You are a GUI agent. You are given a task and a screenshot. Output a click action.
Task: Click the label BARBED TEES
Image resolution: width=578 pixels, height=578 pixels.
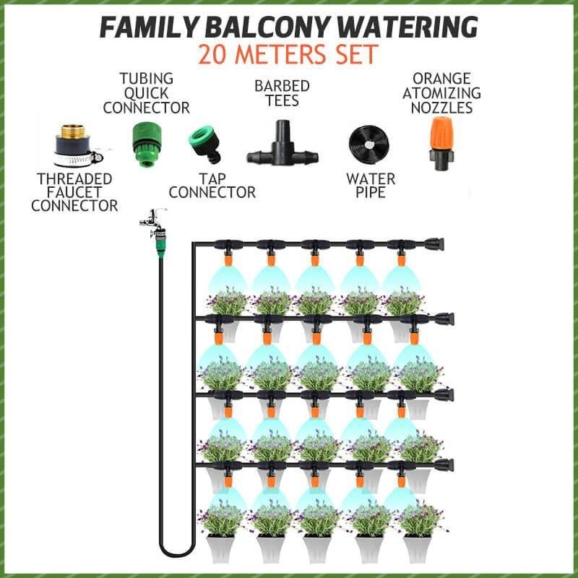pyautogui.click(x=282, y=93)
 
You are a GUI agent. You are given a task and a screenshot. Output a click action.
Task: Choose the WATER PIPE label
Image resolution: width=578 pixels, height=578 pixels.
pyautogui.click(x=371, y=186)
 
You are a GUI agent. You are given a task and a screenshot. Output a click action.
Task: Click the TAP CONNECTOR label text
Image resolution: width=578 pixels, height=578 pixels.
pyautogui.click(x=212, y=185)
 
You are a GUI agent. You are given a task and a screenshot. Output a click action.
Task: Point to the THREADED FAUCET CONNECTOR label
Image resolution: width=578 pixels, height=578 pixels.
pyautogui.click(x=78, y=191)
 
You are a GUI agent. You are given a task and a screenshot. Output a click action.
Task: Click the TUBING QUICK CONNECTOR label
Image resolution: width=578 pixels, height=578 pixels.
pyautogui.click(x=146, y=93)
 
